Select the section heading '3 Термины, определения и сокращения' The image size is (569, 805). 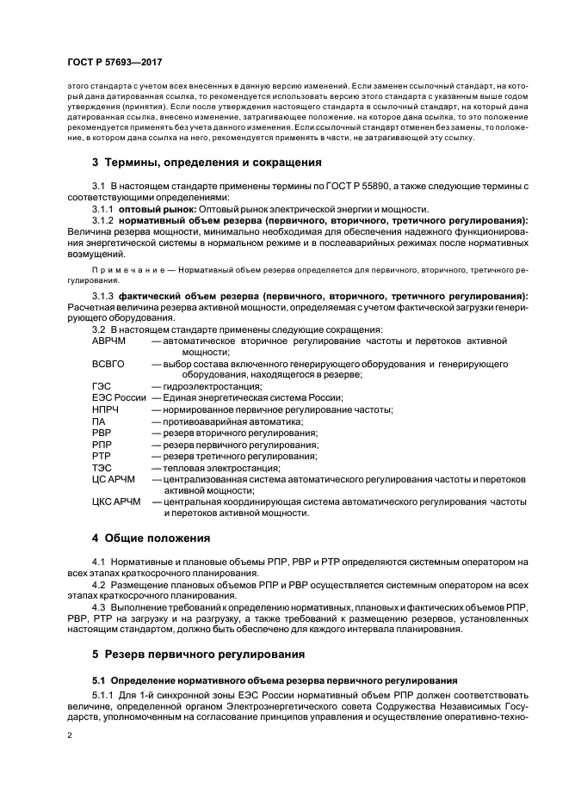207,162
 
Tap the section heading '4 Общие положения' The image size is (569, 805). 151,538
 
